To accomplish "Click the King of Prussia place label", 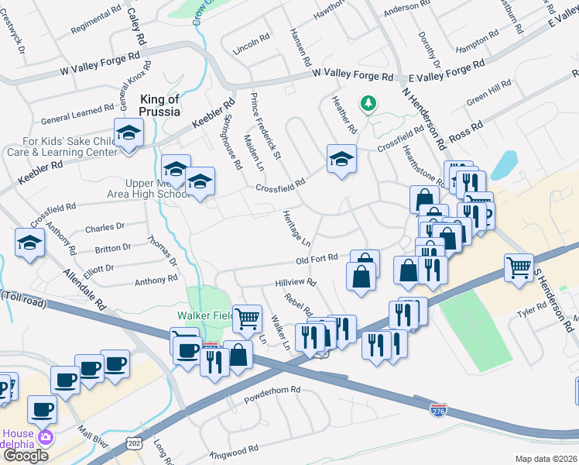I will tap(159, 105).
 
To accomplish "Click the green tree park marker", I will tap(368, 103).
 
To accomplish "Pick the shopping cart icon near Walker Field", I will tap(247, 317).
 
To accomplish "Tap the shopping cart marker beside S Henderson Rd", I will tap(519, 267).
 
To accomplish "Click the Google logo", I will tap(25, 456).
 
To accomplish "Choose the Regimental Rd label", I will tap(96, 21).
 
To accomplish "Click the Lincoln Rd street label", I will tap(252, 43).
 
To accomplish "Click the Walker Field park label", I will tap(204, 315).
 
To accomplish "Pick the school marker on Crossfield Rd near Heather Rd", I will tap(341, 159).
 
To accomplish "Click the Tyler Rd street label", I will tap(533, 308).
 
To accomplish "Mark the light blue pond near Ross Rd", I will tap(504, 164).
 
